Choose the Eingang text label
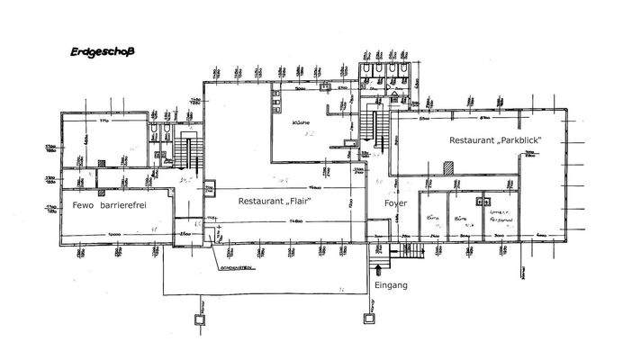point(391,285)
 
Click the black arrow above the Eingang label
point(379,266)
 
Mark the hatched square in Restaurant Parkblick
point(448,168)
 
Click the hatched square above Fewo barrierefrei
point(210,188)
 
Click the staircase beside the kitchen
point(378,127)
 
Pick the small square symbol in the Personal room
point(487,202)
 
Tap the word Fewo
point(86,205)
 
